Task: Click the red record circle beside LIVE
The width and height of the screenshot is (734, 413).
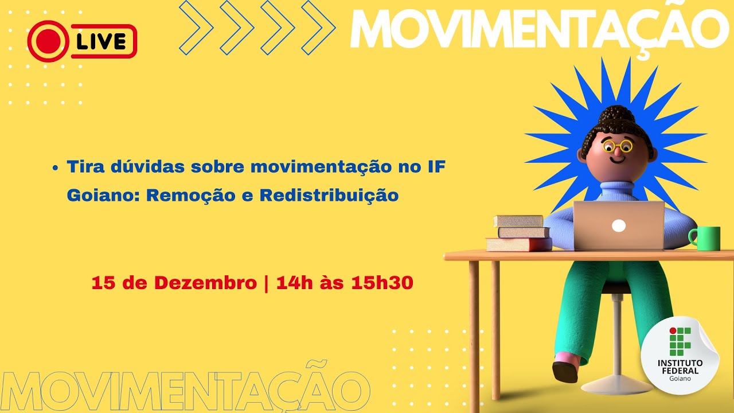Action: click(48, 41)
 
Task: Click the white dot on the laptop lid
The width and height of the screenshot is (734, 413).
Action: click(618, 226)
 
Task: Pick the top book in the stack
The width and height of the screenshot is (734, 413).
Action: click(518, 221)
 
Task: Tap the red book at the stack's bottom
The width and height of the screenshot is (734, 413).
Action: click(518, 244)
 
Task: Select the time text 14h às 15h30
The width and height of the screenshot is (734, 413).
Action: click(345, 283)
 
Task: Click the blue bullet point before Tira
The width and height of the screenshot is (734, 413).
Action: click(55, 168)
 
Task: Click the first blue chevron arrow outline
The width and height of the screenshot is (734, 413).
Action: click(196, 28)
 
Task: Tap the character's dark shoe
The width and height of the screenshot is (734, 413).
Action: click(565, 371)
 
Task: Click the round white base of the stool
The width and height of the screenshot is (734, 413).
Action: click(617, 384)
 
